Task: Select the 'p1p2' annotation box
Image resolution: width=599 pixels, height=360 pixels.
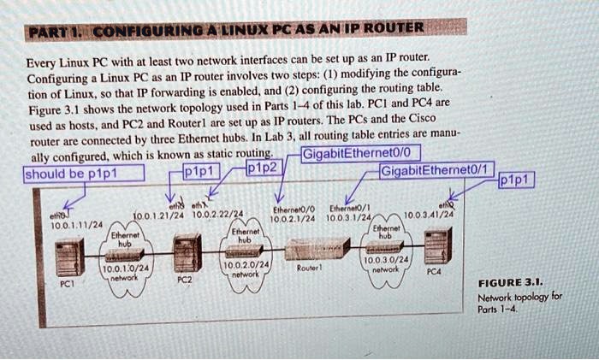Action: coord(262,168)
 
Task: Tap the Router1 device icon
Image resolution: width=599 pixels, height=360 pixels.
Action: coord(317,249)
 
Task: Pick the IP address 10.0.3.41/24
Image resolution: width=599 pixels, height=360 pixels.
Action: coord(430,215)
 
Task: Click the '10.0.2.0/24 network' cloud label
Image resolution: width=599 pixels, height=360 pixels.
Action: coord(245,269)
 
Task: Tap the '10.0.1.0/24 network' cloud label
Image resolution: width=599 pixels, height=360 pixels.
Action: coord(125,274)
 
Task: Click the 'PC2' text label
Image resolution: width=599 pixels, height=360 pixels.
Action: coord(184,280)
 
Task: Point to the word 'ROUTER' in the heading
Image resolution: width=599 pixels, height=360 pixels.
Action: coord(392,27)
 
